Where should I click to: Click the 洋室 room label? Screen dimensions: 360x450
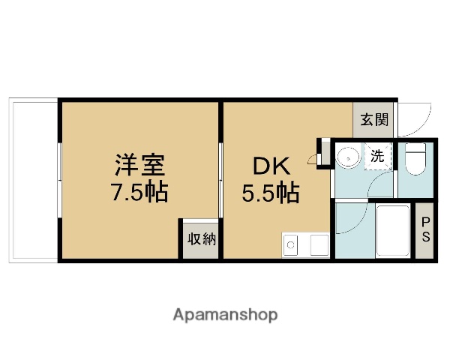(139, 164)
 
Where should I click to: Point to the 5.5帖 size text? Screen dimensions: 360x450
(270, 193)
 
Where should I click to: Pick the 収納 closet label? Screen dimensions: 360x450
(201, 240)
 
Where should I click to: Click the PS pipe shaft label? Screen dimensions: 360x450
(425, 231)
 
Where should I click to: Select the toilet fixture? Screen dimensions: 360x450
(415, 160)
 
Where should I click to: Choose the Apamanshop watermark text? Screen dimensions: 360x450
(226, 315)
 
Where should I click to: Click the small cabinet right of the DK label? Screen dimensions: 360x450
(323, 152)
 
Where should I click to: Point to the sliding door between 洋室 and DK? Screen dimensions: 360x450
(220, 180)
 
